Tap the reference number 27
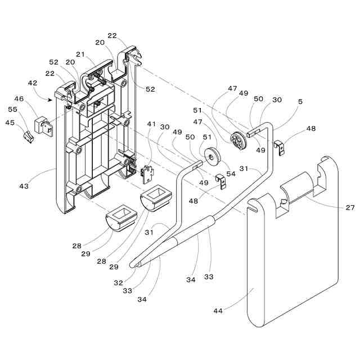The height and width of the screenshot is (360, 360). [350, 208]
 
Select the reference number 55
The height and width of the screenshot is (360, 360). [12, 110]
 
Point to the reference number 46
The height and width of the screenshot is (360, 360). [19, 99]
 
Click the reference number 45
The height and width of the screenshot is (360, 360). [10, 123]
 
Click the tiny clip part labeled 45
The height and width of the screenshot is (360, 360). [26, 136]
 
